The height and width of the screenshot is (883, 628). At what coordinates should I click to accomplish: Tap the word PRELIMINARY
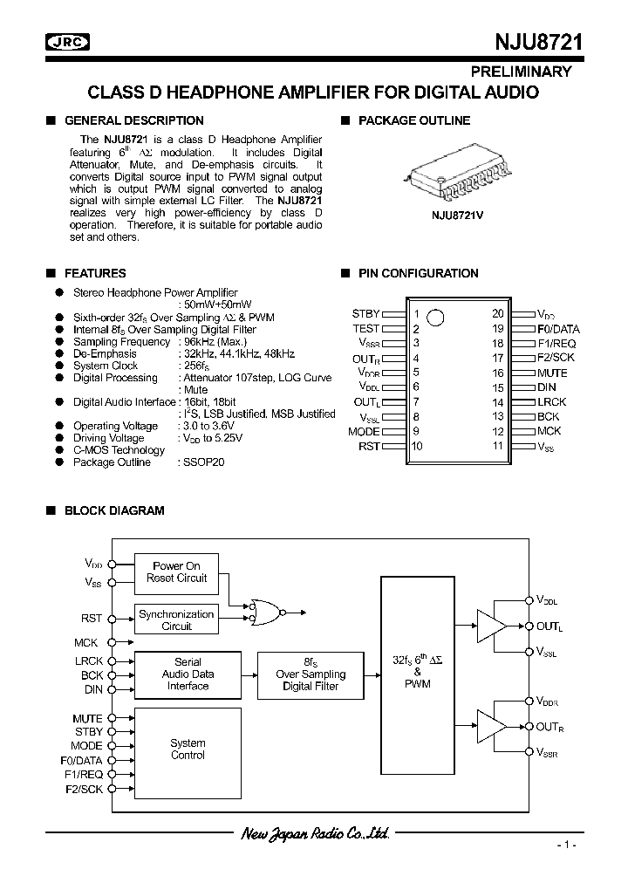(522, 72)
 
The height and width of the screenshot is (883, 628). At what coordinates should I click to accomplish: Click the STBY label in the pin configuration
(366, 313)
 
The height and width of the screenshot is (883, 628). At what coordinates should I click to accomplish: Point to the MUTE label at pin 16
(552, 373)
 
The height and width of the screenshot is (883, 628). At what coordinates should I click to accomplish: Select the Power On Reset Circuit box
(176, 572)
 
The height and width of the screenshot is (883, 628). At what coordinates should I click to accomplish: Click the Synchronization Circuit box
(176, 620)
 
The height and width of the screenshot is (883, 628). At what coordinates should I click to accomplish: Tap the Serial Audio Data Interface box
(188, 674)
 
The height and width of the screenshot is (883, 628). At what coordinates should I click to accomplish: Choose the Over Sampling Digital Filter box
(311, 674)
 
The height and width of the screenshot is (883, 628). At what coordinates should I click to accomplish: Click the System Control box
(188, 749)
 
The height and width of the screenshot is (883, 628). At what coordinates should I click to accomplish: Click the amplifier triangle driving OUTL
(491, 626)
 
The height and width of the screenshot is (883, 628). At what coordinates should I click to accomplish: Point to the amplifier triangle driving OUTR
(491, 726)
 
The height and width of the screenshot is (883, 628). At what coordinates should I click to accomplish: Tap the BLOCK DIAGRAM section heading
(114, 510)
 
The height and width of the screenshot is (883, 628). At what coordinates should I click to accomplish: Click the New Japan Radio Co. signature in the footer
(314, 834)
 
